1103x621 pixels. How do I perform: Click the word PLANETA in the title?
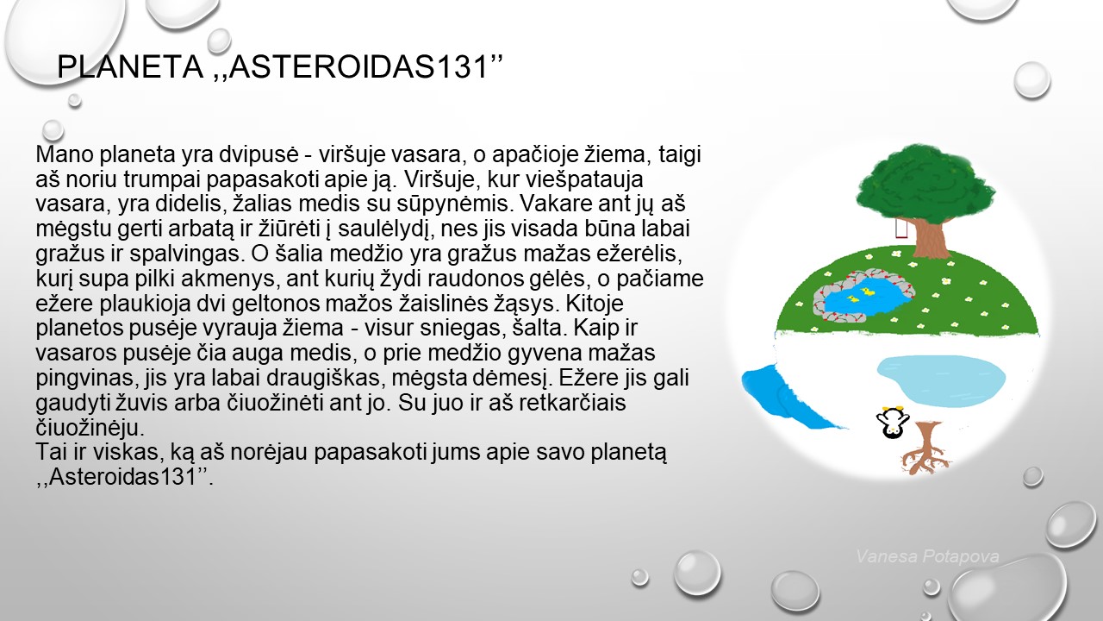click(130, 66)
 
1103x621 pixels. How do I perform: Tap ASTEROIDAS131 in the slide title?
click(358, 66)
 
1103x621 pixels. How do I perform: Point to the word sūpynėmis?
click(456, 204)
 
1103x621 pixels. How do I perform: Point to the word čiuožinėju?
click(90, 428)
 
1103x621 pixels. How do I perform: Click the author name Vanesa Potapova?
click(928, 556)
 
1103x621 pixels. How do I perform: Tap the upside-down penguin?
click(892, 423)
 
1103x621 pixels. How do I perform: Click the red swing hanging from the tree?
click(901, 229)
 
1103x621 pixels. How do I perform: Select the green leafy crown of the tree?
click(925, 182)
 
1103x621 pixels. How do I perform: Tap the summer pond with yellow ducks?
click(863, 298)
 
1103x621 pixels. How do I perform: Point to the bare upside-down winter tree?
click(925, 448)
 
